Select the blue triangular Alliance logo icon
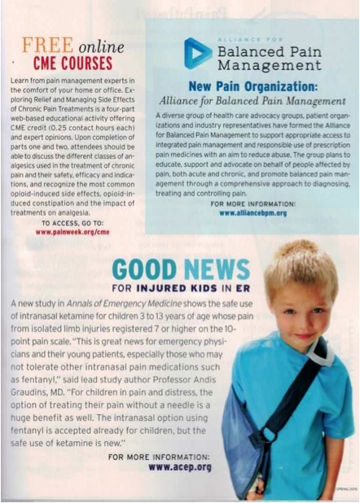point(198,53)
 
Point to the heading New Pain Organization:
point(252,85)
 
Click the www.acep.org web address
point(180,467)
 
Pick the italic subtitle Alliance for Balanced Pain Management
point(252,101)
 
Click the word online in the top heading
point(103,43)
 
